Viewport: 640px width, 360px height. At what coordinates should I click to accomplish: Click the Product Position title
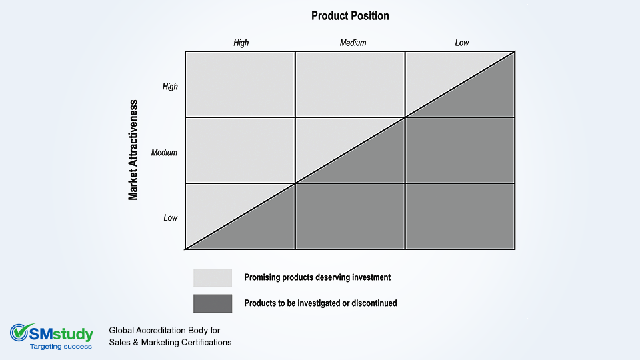coord(350,16)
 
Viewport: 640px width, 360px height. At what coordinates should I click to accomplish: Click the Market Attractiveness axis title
coord(133,150)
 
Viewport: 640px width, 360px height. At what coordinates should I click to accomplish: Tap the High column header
coord(241,43)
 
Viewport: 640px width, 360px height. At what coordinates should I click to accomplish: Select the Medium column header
coord(353,43)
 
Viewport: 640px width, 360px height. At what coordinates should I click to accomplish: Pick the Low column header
coord(462,43)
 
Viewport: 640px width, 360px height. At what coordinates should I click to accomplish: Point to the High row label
coord(170,87)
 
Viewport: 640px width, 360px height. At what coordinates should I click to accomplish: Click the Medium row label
coord(165,153)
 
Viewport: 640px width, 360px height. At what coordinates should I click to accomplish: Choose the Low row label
coord(171,218)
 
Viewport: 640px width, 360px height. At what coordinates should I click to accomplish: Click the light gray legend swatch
coord(213,277)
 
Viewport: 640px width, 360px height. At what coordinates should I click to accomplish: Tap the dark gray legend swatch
coord(213,304)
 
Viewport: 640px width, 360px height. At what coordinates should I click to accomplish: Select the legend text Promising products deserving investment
coord(317,277)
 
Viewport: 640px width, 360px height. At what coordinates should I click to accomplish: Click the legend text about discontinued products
coord(321,303)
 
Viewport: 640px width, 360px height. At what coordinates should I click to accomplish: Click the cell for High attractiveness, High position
coord(241,85)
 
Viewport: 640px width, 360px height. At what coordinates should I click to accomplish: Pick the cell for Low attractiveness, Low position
coord(460,216)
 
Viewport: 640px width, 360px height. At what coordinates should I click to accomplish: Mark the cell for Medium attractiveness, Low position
coord(460,150)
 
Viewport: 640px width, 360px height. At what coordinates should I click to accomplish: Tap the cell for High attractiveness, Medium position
coord(350,85)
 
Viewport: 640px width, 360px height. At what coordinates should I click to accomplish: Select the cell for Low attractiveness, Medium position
coord(350,216)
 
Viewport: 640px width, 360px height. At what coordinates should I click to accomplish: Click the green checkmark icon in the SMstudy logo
coord(19,332)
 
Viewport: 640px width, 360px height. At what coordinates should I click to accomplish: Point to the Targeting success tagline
coord(61,347)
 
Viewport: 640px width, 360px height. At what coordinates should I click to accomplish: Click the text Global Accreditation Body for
coord(165,330)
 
